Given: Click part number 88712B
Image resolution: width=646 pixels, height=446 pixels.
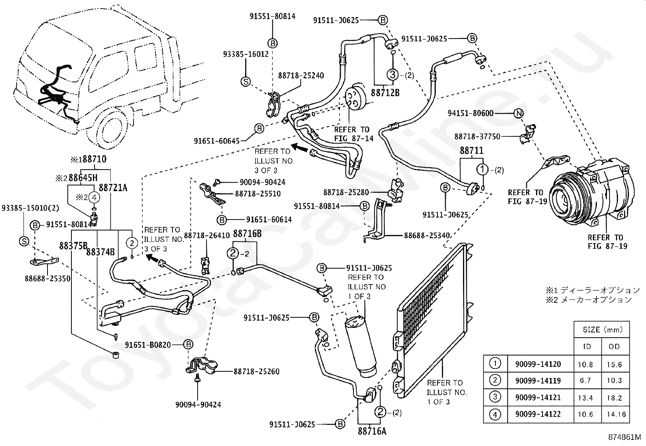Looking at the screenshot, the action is tap(385, 93).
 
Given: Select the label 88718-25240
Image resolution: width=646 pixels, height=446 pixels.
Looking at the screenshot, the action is tap(301, 75).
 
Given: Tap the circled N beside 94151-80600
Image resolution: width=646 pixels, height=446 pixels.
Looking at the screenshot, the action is tap(519, 113).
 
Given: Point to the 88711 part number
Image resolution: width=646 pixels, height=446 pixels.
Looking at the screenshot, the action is tap(472, 151).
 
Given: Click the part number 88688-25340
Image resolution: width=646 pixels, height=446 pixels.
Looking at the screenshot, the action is tap(427, 236).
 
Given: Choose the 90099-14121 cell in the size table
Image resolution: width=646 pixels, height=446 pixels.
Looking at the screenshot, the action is tap(538, 398).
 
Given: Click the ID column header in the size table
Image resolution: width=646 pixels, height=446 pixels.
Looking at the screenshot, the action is tap(587, 347).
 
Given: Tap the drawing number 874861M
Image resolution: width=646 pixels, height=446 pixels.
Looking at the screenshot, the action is tap(624, 437).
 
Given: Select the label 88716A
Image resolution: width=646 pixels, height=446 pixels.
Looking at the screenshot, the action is tap(372, 431).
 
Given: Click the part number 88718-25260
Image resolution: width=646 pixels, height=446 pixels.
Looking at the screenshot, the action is tap(256, 371).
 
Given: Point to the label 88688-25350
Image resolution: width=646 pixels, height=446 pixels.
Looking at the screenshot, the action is tap(47, 279).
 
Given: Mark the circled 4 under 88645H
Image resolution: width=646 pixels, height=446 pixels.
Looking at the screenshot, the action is tap(94, 198).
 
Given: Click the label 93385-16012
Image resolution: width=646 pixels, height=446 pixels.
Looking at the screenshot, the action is tap(246, 54).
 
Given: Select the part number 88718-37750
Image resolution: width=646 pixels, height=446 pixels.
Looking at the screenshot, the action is tap(477, 136).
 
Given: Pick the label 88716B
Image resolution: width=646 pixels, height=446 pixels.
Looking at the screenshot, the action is tap(247, 234).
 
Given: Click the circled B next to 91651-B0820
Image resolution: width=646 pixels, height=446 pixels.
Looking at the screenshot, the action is tap(188, 345).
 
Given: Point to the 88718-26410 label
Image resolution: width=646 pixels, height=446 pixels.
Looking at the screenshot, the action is tap(207, 236).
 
